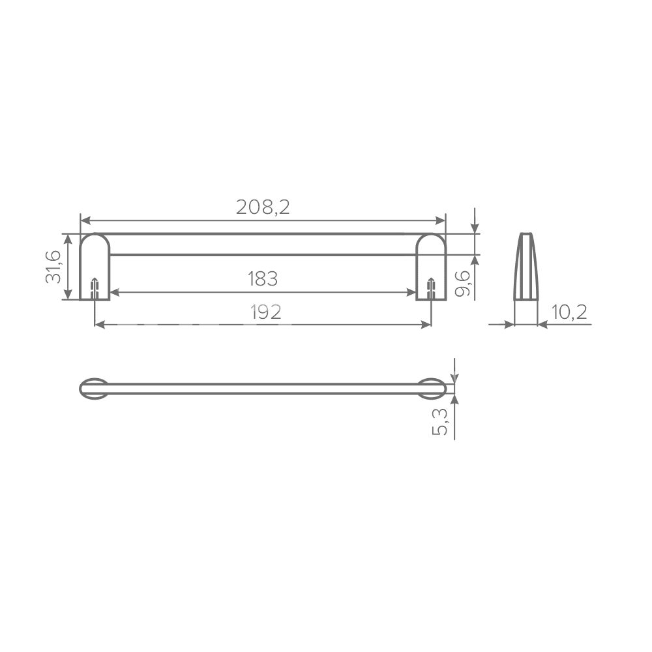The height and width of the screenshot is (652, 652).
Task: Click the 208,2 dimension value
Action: click(x=262, y=207)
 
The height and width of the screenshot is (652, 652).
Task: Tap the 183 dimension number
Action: click(x=262, y=278)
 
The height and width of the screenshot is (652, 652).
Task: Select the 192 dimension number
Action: click(x=266, y=312)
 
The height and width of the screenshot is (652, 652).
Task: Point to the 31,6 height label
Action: click(x=53, y=267)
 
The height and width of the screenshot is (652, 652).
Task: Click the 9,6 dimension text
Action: click(x=462, y=283)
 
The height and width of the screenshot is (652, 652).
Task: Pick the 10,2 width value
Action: click(x=569, y=312)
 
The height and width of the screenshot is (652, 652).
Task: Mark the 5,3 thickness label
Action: click(x=439, y=422)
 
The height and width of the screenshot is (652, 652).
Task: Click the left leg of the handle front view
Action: click(x=95, y=267)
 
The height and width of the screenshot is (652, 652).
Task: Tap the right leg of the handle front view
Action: click(x=431, y=267)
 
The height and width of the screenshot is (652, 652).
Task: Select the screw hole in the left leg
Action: click(x=95, y=288)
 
